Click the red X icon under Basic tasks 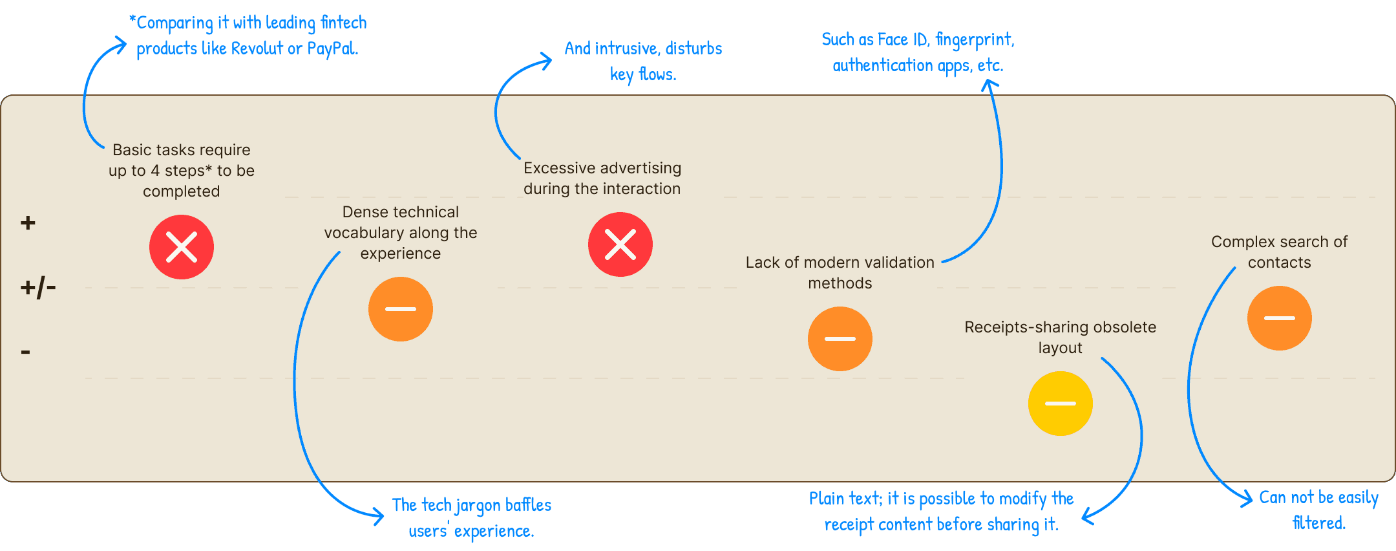(x=182, y=247)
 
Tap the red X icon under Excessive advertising (x=620, y=244)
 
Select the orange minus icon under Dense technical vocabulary (x=401, y=309)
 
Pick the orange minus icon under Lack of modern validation (x=840, y=339)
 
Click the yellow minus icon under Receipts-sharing (x=1061, y=404)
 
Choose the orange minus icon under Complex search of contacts (x=1280, y=318)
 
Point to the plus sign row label (x=28, y=223)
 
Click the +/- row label (x=38, y=286)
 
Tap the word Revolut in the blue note (x=257, y=49)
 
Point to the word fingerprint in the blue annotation (x=975, y=40)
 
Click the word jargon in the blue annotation (x=478, y=505)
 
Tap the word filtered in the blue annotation (x=1318, y=523)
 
